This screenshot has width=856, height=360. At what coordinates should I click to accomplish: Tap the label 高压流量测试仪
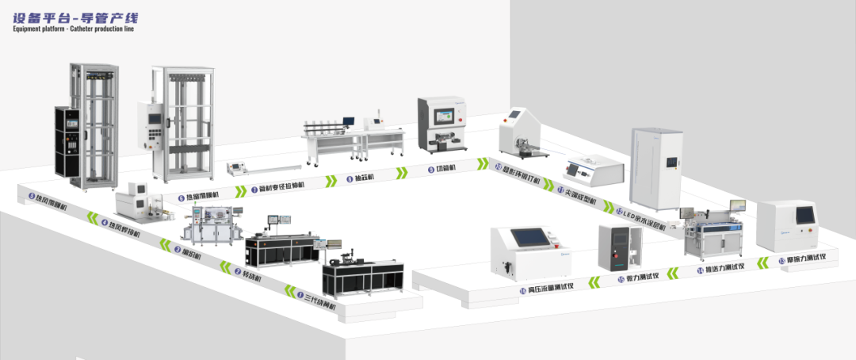[x=550, y=289]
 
